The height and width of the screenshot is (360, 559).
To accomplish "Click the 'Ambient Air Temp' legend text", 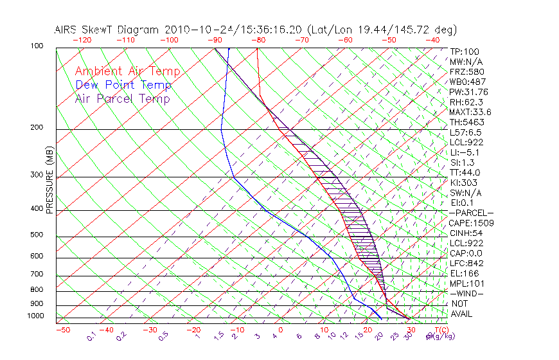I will pyautogui.click(x=127, y=71).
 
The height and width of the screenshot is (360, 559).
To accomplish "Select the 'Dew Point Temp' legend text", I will pyautogui.click(x=123, y=85).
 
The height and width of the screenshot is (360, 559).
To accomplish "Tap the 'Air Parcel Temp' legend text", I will pyautogui.click(x=122, y=98).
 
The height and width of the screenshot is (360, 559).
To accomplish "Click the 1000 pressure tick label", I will pyautogui.click(x=36, y=316).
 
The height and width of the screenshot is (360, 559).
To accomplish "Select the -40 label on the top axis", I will pyautogui.click(x=432, y=39).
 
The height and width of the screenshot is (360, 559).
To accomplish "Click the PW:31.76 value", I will pyautogui.click(x=469, y=92).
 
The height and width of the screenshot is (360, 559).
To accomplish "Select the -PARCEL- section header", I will pyautogui.click(x=471, y=213).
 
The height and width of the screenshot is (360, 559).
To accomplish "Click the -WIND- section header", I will pyautogui.click(x=467, y=293).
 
